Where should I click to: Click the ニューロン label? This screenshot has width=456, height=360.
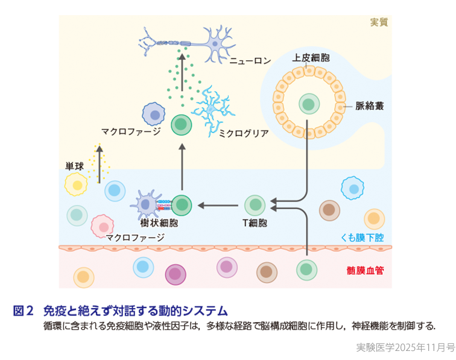250,61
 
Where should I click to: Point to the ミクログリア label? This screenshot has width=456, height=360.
243,133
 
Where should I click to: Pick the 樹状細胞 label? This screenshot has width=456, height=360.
159,223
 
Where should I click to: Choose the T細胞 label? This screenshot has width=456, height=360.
254,223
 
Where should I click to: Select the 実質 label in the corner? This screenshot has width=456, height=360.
378,22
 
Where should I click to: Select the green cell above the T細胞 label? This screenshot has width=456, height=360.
254,204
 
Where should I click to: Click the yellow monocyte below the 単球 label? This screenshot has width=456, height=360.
77,184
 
